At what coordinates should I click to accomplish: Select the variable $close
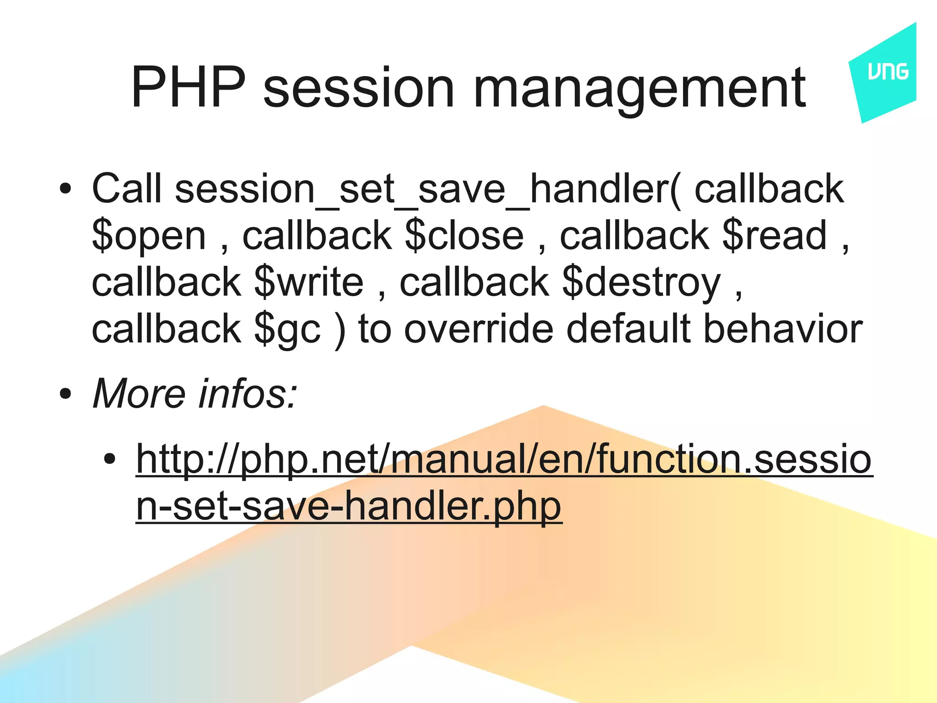464,236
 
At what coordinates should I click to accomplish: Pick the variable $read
775,236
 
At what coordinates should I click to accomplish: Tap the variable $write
309,282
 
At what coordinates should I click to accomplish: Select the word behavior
782,329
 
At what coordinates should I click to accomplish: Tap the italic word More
139,394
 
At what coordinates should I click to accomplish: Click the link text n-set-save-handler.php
349,507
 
